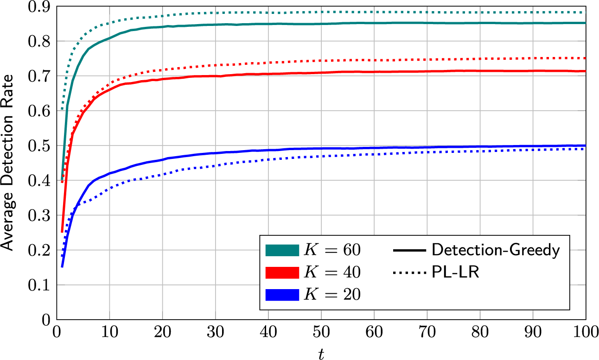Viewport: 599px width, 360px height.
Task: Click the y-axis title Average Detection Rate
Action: coord(8,163)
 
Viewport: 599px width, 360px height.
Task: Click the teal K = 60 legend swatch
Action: coord(281,251)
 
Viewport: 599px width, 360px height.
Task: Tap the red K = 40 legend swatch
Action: coord(281,273)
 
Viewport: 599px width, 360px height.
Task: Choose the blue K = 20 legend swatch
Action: coord(281,295)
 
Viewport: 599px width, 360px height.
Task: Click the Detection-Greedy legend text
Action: coord(496,251)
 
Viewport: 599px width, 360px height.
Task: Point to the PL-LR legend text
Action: coord(455,273)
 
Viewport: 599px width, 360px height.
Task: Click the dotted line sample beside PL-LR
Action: coord(409,273)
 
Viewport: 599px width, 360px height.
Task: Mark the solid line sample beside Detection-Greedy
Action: coord(409,251)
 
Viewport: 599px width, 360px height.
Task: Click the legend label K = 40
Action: coord(331,273)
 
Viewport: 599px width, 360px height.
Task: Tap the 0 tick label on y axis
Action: coord(45,320)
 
